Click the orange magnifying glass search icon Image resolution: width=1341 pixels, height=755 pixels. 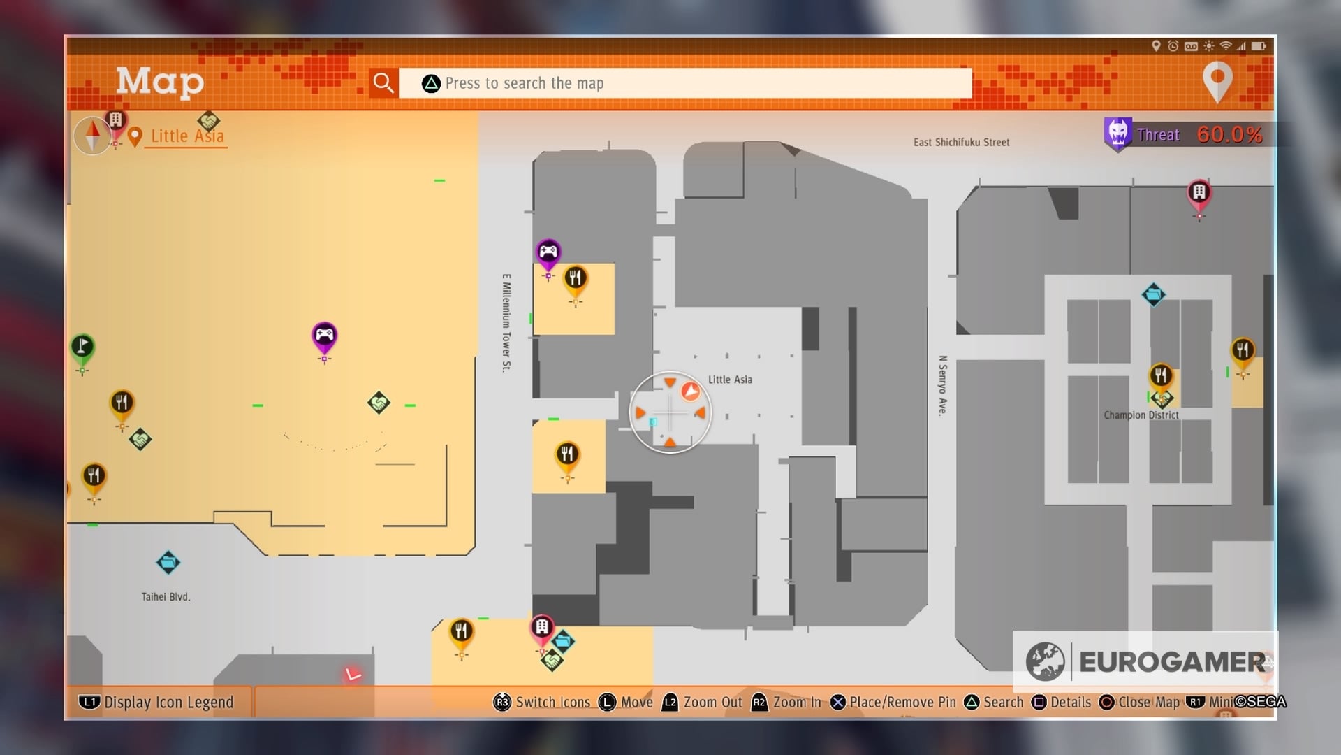tap(383, 83)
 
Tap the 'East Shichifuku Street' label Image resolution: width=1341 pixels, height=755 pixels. tap(961, 143)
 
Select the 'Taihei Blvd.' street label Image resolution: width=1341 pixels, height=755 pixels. tap(166, 597)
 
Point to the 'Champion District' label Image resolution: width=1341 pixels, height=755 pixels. tap(1141, 415)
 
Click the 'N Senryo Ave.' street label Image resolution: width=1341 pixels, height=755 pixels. tap(943, 385)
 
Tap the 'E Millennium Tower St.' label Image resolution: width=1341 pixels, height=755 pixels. tap(506, 322)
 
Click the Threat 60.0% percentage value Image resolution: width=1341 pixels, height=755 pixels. tap(1229, 134)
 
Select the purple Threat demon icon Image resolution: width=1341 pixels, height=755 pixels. tap(1117, 132)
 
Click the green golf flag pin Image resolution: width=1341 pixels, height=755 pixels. tap(82, 347)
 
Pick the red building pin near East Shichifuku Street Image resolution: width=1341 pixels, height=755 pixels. tap(1199, 193)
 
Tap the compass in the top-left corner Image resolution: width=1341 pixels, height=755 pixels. tap(92, 135)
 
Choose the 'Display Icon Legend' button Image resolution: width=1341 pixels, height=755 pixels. tap(157, 702)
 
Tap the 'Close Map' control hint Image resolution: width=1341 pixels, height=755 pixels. tap(1139, 702)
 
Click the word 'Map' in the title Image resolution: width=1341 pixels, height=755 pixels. tap(160, 82)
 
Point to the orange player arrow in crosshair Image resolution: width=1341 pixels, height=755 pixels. tap(690, 391)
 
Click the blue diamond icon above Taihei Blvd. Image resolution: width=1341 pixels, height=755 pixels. tap(168, 562)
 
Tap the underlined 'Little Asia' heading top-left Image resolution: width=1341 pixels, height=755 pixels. tap(187, 136)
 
